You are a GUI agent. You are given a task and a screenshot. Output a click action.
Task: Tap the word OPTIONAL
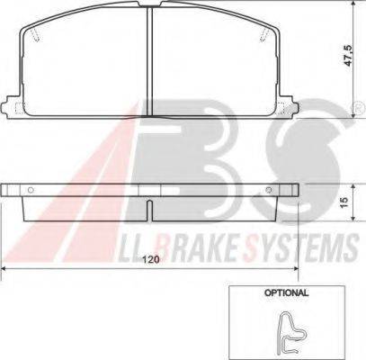click(287, 292)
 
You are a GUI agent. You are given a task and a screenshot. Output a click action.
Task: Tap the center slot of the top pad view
click(150, 54)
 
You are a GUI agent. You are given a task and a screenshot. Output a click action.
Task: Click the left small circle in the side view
click(30, 191)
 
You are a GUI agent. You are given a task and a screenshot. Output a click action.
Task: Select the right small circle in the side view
click(270, 191)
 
